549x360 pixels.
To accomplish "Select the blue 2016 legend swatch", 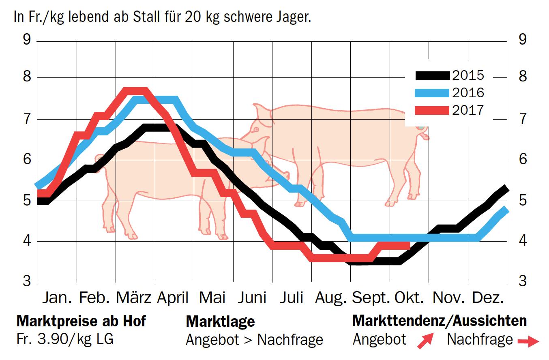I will (x=432, y=93).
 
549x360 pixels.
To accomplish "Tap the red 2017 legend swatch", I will (x=432, y=110).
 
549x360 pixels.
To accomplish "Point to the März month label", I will (x=134, y=298).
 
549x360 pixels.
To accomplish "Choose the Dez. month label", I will (x=488, y=298).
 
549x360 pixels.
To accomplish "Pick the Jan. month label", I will (x=57, y=298).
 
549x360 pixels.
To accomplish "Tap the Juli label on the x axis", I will (x=292, y=298).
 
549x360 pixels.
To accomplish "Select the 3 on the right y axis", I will (x=523, y=281).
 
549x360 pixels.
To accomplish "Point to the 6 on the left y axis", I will (x=27, y=159).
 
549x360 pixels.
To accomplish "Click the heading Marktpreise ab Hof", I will (x=81, y=321).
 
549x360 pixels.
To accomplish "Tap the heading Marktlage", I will (x=220, y=321).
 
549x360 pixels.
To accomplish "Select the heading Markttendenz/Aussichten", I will (x=440, y=321).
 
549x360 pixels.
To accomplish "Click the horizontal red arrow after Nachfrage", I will (x=528, y=341).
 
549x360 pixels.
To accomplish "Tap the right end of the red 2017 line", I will (x=409, y=245).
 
